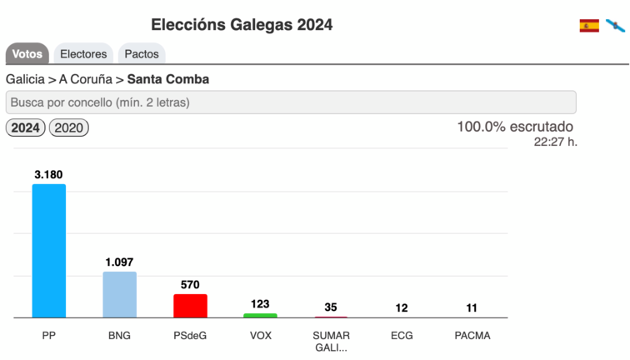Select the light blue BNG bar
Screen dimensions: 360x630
tap(119, 294)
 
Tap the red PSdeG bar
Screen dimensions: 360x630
tap(190, 305)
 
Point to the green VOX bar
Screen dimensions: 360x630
tap(260, 315)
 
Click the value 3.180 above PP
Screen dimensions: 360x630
tap(48, 174)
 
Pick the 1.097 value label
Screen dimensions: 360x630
tap(119, 262)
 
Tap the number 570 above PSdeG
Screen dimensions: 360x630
tap(190, 284)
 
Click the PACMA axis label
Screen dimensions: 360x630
tap(472, 336)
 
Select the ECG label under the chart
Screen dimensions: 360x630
tap(402, 336)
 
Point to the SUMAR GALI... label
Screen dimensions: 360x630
tap(331, 342)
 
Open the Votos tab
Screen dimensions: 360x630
tap(27, 54)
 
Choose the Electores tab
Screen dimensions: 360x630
tap(83, 54)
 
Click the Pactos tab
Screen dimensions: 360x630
tap(142, 54)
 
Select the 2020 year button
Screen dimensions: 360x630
tap(69, 128)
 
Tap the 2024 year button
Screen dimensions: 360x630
tap(26, 128)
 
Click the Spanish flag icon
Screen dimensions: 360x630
tap(589, 26)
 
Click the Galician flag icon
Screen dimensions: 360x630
tap(615, 26)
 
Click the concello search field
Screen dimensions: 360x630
tap(291, 102)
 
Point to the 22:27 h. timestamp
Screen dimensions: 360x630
tap(555, 142)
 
